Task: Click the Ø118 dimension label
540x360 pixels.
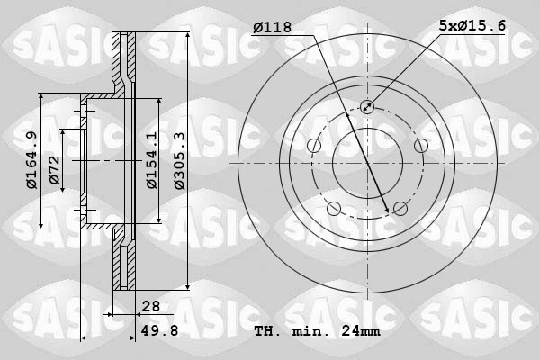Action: [x=273, y=28]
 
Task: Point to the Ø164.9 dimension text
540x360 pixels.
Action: [x=31, y=161]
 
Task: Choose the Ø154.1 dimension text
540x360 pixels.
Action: [x=152, y=160]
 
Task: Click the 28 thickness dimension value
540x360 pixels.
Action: [x=150, y=307]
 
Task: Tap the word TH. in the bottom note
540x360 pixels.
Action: [x=267, y=331]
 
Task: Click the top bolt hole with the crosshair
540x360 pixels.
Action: [x=367, y=107]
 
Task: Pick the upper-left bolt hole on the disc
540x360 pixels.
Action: [x=314, y=146]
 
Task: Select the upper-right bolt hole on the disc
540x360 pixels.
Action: [x=420, y=146]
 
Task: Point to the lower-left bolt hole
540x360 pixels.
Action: [x=334, y=210]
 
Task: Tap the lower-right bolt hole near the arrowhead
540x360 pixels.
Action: [x=400, y=210]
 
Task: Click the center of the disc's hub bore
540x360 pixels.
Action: [x=367, y=163]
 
